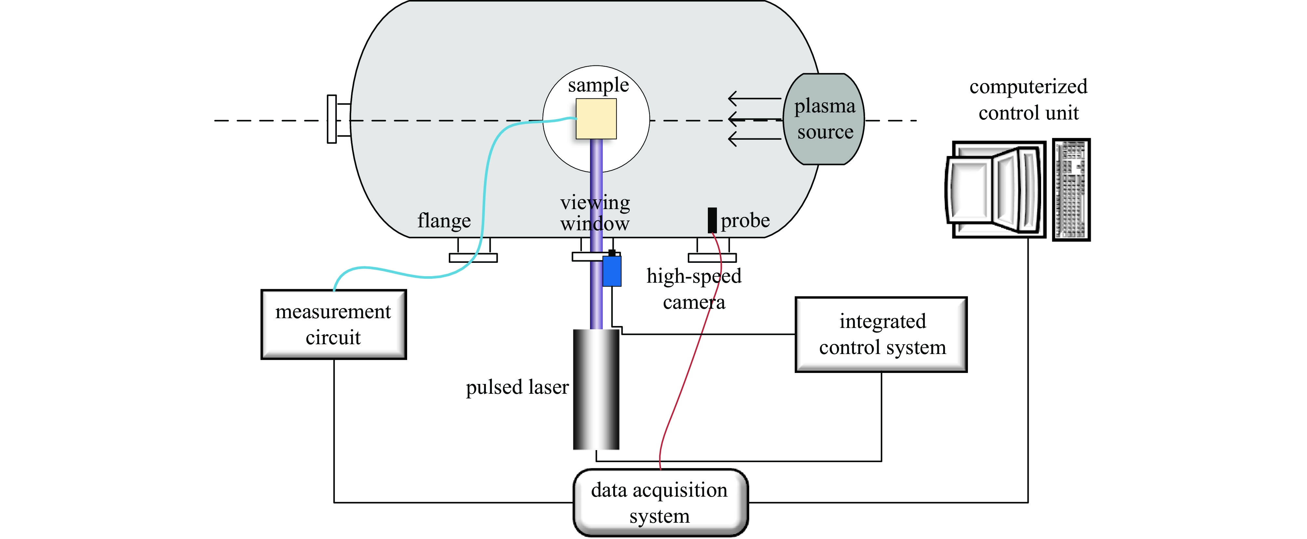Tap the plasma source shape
coord(824,119)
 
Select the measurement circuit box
coord(333,324)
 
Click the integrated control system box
coord(881,334)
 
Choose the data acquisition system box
coord(660,503)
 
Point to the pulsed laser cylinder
coord(596,389)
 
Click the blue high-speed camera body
coord(612,271)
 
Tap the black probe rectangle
coord(712,220)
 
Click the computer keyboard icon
coord(1071,189)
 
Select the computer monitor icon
coord(996,189)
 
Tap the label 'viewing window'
coord(595,213)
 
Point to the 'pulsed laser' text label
coord(517,387)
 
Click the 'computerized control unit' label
coord(1028,99)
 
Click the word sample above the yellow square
coord(598,85)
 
